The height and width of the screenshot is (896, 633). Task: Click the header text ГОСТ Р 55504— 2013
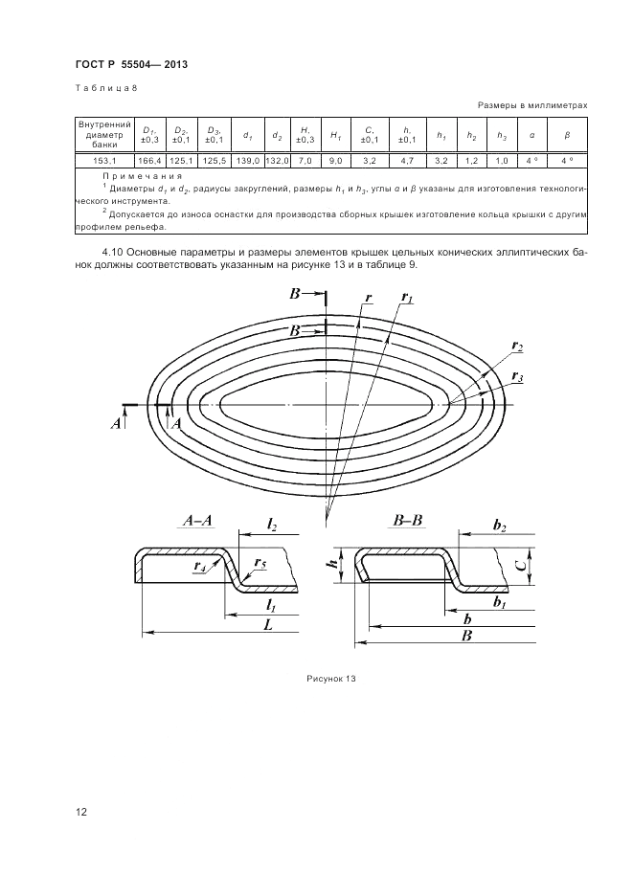(130, 64)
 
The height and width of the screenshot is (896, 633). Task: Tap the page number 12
(82, 813)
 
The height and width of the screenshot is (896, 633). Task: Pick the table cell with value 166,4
(149, 160)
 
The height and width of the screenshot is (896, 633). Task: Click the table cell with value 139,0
(247, 160)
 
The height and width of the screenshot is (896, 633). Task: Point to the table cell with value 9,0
(336, 160)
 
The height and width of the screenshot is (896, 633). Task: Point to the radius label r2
(517, 345)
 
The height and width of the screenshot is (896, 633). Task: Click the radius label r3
(517, 375)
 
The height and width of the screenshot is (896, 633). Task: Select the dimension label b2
(499, 526)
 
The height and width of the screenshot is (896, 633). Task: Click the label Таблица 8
(106, 88)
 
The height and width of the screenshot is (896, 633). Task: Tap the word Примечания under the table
(141, 178)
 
